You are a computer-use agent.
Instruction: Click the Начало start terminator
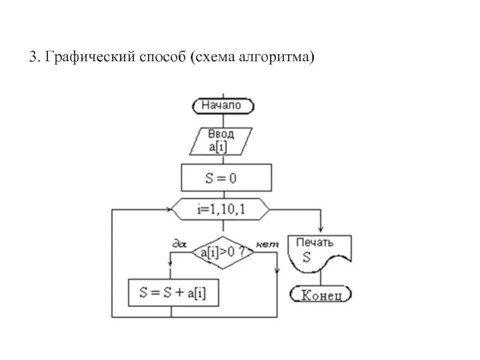pyautogui.click(x=223, y=106)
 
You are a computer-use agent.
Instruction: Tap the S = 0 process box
pyautogui.click(x=226, y=178)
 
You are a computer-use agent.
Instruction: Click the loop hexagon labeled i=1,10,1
pyautogui.click(x=221, y=210)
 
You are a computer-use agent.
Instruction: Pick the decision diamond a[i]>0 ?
pyautogui.click(x=223, y=253)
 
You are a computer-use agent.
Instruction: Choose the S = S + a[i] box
pyautogui.click(x=171, y=293)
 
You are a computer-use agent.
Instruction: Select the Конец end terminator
pyautogui.click(x=321, y=294)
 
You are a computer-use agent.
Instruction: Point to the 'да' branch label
pyautogui.click(x=179, y=243)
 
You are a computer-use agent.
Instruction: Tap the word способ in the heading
pyautogui.click(x=158, y=58)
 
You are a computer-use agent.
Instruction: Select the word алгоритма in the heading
pyautogui.click(x=276, y=58)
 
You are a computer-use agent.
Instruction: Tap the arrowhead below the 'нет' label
pyautogui.click(x=277, y=269)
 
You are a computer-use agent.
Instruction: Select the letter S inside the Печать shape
pyautogui.click(x=306, y=259)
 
